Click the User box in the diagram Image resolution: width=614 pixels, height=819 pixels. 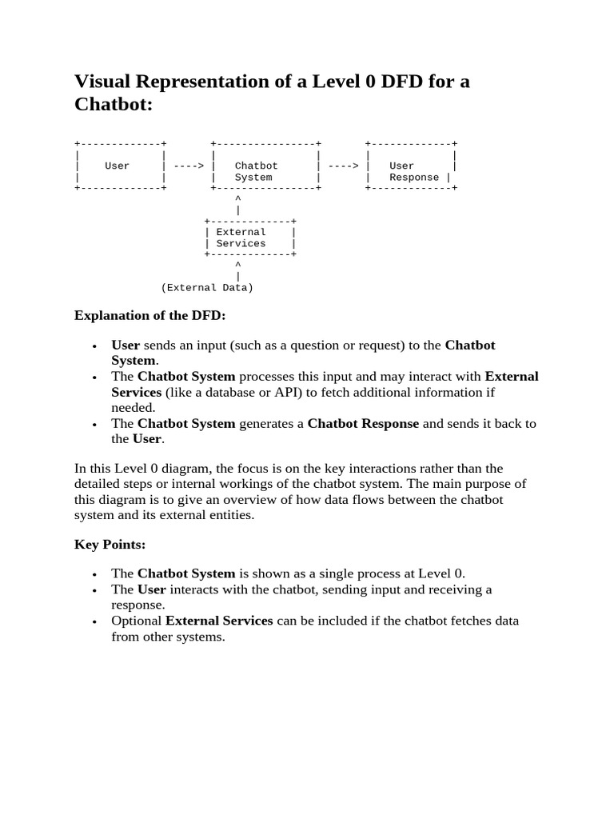click(x=118, y=166)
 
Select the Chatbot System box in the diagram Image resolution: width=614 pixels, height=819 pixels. click(x=265, y=166)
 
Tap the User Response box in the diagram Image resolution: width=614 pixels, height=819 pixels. click(x=411, y=166)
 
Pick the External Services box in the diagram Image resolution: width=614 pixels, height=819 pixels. click(x=249, y=238)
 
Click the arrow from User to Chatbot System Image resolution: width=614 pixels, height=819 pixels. click(x=189, y=166)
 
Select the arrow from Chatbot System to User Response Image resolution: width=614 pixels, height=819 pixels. click(x=343, y=166)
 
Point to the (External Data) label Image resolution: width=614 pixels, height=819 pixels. click(x=207, y=287)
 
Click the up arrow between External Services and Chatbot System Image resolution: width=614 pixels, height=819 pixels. click(x=237, y=203)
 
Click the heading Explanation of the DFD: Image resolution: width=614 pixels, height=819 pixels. click(x=150, y=315)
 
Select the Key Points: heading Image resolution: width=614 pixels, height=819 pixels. click(x=110, y=544)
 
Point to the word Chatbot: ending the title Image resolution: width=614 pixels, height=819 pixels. click(x=113, y=105)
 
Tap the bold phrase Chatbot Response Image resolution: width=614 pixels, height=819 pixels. click(x=363, y=423)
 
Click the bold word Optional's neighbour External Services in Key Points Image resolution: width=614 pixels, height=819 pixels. click(x=219, y=621)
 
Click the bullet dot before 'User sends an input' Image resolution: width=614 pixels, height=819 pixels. click(x=94, y=346)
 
